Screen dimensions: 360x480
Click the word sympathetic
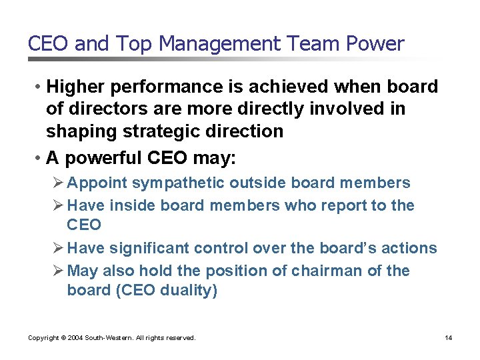tap(180, 183)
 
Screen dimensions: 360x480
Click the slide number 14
tap(448, 338)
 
